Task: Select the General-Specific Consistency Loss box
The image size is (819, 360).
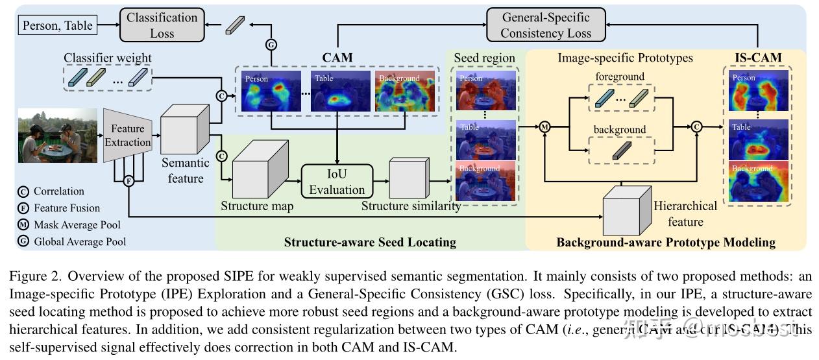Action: tap(546, 25)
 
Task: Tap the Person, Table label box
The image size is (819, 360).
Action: tap(58, 26)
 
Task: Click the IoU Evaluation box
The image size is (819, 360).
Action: tap(337, 181)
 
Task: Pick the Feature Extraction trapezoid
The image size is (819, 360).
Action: tap(127, 136)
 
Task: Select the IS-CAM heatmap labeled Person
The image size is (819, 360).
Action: tap(759, 91)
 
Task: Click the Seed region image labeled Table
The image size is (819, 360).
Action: tap(486, 139)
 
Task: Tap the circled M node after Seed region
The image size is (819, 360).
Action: tap(544, 127)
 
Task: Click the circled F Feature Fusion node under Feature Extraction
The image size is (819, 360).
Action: tap(128, 181)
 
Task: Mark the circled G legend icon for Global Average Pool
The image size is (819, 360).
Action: tap(24, 242)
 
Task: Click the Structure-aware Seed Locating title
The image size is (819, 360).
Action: tap(370, 243)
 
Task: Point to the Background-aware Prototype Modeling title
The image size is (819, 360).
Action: tap(666, 243)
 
